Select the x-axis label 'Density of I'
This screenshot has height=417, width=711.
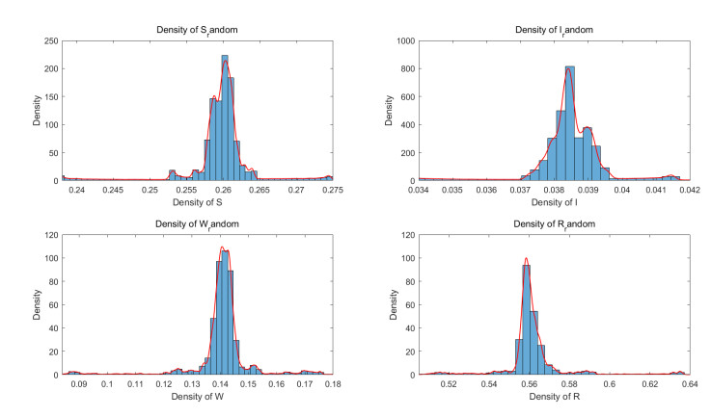tap(553, 202)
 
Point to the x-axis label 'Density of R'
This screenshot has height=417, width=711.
tap(553, 396)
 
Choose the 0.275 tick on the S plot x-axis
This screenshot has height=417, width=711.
tap(331, 191)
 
